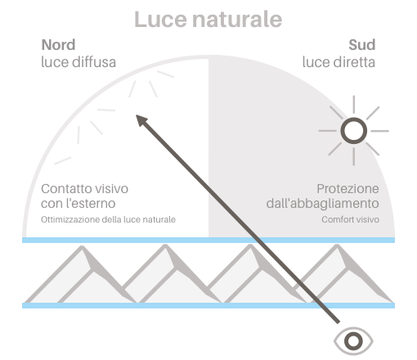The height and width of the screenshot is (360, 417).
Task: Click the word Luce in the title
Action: (x=161, y=20)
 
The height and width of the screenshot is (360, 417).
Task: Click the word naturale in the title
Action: (x=237, y=20)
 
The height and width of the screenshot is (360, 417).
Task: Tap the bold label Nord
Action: (x=58, y=45)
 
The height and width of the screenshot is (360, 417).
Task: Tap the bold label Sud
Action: (x=362, y=45)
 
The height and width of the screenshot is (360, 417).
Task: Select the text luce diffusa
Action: (x=78, y=62)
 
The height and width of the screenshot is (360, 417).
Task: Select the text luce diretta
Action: (x=339, y=62)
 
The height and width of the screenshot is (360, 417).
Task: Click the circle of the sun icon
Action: (x=354, y=131)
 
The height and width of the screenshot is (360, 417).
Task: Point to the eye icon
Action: (x=353, y=341)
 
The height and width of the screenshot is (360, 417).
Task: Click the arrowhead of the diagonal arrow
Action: (x=141, y=120)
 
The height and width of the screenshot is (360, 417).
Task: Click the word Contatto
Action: (x=66, y=189)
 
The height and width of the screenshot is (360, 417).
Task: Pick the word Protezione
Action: (x=347, y=189)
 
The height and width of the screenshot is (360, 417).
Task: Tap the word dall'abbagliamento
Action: (x=323, y=204)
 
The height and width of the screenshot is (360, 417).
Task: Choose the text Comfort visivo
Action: (x=350, y=219)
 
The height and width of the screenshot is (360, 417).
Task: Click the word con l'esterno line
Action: (x=78, y=204)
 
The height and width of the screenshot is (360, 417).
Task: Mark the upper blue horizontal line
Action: (x=208, y=240)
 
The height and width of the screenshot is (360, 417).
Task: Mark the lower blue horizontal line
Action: (x=208, y=305)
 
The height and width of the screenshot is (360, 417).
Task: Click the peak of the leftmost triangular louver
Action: (x=82, y=246)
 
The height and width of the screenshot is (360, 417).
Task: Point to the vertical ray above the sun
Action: (x=354, y=104)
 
